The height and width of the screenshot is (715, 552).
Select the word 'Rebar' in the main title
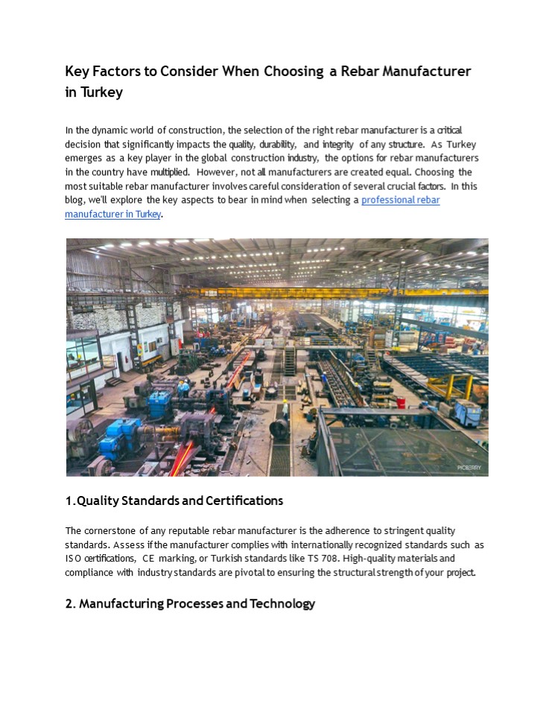pyautogui.click(x=365, y=71)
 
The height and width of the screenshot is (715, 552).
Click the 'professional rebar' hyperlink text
pyautogui.click(x=401, y=200)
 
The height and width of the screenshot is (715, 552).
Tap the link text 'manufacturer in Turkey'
pyautogui.click(x=112, y=214)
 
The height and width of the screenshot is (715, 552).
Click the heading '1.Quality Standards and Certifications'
pyautogui.click(x=174, y=500)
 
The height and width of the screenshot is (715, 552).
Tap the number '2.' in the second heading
pyautogui.click(x=71, y=603)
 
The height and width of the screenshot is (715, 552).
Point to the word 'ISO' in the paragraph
pyautogui.click(x=73, y=559)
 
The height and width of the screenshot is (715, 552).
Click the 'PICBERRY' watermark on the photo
pyautogui.click(x=469, y=468)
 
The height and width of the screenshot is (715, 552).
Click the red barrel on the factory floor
pyautogui.click(x=401, y=402)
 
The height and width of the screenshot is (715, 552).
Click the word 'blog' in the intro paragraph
pyautogui.click(x=74, y=200)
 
